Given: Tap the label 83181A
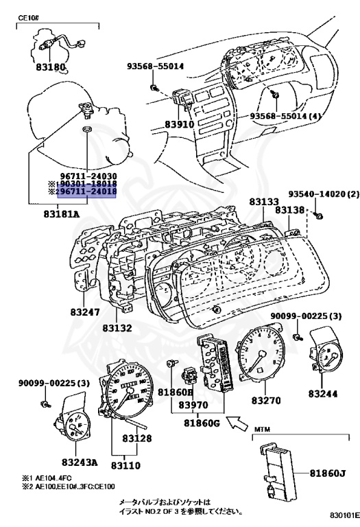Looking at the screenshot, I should click(x=62, y=213).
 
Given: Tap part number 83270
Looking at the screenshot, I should click(x=268, y=399).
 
